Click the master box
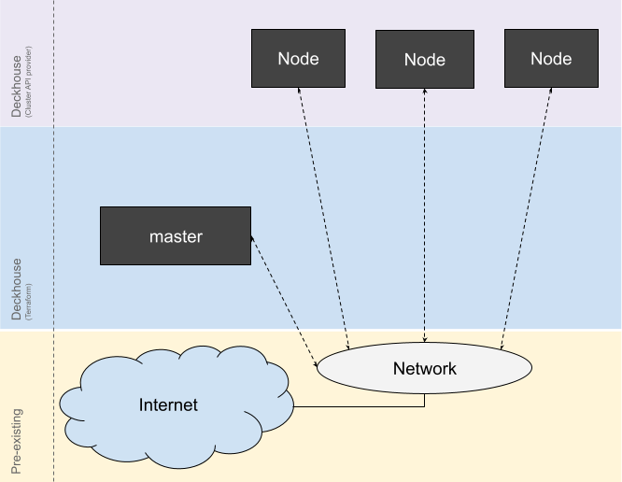[x=176, y=236]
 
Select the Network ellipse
[x=424, y=368]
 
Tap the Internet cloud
[x=169, y=404]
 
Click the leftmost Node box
[x=298, y=58]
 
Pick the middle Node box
[x=425, y=59]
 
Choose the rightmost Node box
[x=551, y=58]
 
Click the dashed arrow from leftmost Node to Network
[x=322, y=215]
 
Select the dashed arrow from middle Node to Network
[x=425, y=215]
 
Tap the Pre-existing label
[x=17, y=441]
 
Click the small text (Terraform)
[x=29, y=301]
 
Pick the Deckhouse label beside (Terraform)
[x=17, y=290]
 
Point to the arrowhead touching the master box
[x=253, y=240]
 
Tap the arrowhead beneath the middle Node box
[x=425, y=92]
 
